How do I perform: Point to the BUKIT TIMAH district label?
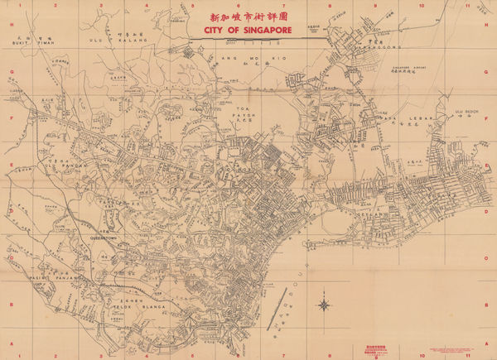tap(22, 46)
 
